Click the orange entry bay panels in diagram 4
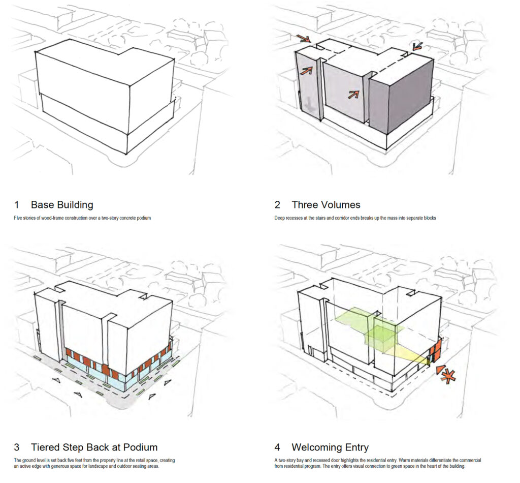435,352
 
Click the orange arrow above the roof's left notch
304,39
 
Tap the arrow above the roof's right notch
418,46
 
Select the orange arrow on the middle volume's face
354,94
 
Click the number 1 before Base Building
17,205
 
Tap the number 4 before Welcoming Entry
277,448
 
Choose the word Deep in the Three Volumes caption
280,218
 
